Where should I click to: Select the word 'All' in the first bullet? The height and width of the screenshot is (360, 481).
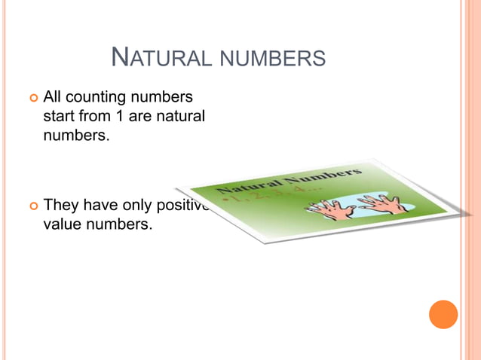click(53, 97)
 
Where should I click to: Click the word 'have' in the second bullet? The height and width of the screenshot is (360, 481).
click(100, 205)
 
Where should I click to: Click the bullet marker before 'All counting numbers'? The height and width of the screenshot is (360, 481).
click(32, 98)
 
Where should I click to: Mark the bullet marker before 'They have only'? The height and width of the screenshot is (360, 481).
click(32, 206)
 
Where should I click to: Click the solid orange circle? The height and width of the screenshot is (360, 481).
click(443, 314)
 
